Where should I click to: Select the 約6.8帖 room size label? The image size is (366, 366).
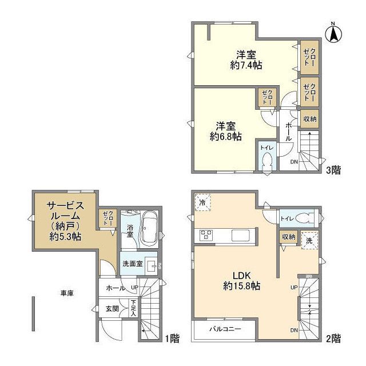[x=224, y=131]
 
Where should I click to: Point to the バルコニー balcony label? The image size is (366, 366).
[x=224, y=329]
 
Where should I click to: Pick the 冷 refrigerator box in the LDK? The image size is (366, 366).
[x=202, y=203]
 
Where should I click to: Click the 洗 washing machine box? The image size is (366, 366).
[x=308, y=240]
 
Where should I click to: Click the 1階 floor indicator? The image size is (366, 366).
[x=172, y=338]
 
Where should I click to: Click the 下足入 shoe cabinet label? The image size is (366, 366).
[x=133, y=308]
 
